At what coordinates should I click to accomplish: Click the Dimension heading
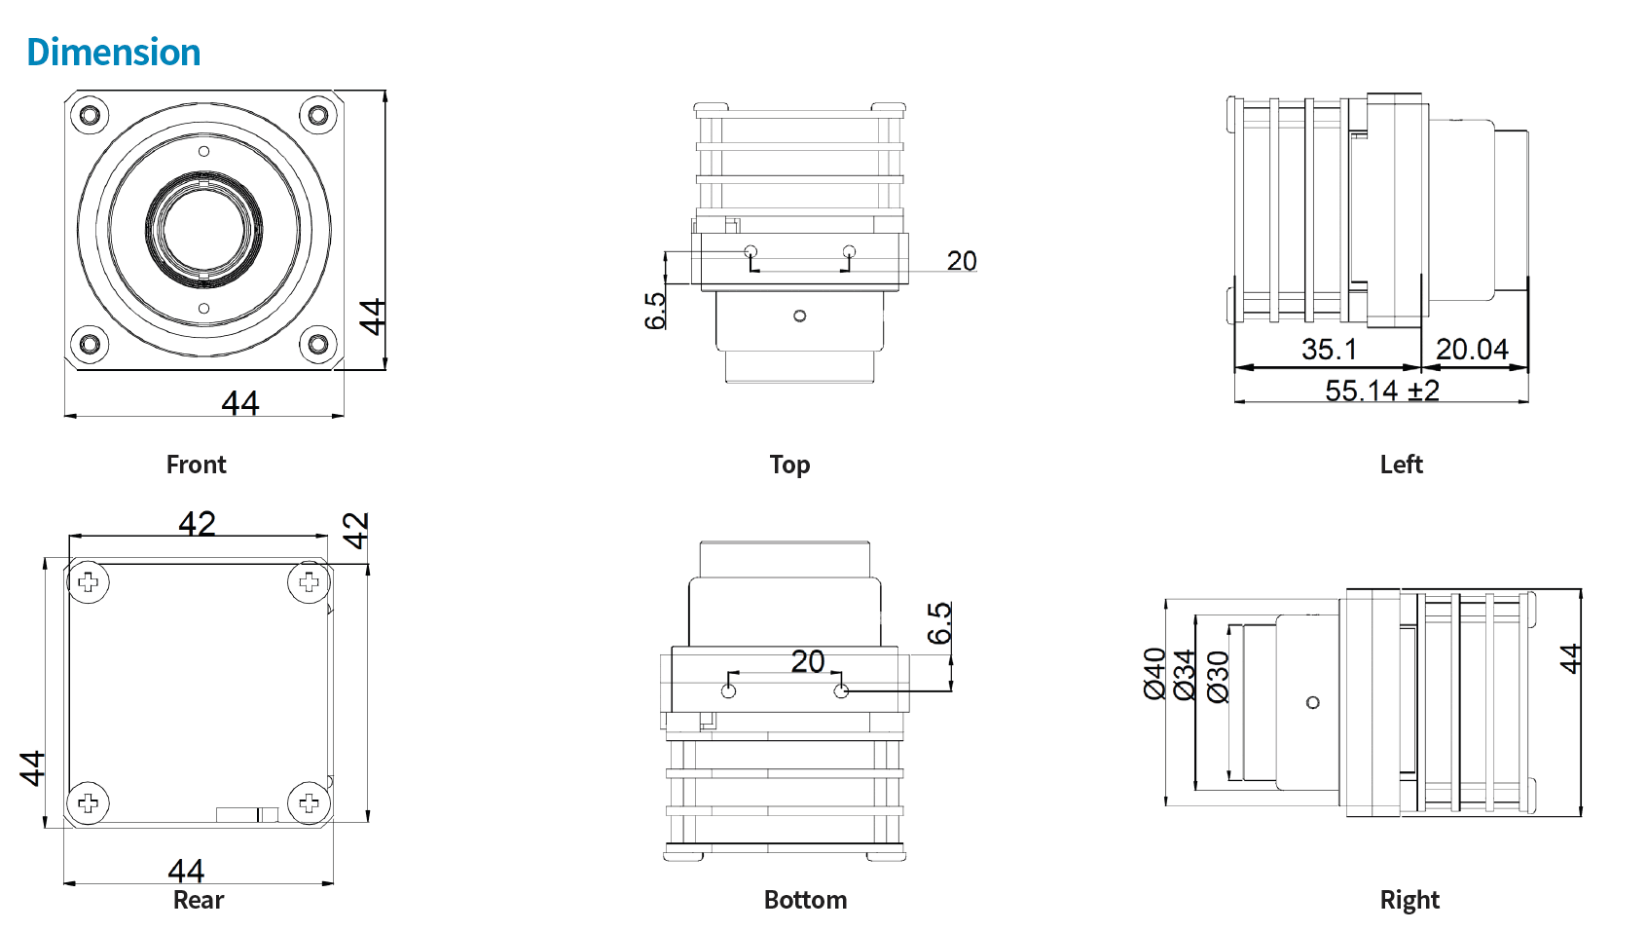tap(114, 53)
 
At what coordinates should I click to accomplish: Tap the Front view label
tap(196, 465)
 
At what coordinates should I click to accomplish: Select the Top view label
tap(789, 465)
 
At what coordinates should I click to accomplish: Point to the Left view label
tap(1401, 465)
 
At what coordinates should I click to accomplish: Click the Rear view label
tap(199, 900)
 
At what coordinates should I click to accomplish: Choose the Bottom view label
tap(805, 900)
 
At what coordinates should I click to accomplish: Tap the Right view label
tap(1409, 900)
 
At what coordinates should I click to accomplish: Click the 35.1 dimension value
tap(1329, 350)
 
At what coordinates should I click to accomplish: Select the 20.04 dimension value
tap(1472, 350)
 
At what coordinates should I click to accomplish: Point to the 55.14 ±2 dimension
tap(1382, 391)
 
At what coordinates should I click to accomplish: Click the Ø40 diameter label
tap(1155, 674)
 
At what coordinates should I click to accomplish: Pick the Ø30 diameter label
tap(1218, 677)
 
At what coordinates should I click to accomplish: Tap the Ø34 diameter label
tap(1186, 675)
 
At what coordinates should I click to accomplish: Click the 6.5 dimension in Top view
tap(655, 311)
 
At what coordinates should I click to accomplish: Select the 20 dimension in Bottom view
tap(808, 661)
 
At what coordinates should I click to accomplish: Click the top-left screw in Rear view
tap(89, 582)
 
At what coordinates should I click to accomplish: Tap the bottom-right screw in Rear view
tap(309, 802)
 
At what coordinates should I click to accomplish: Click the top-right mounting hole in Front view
tap(317, 116)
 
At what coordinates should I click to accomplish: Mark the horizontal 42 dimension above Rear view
tap(197, 524)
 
